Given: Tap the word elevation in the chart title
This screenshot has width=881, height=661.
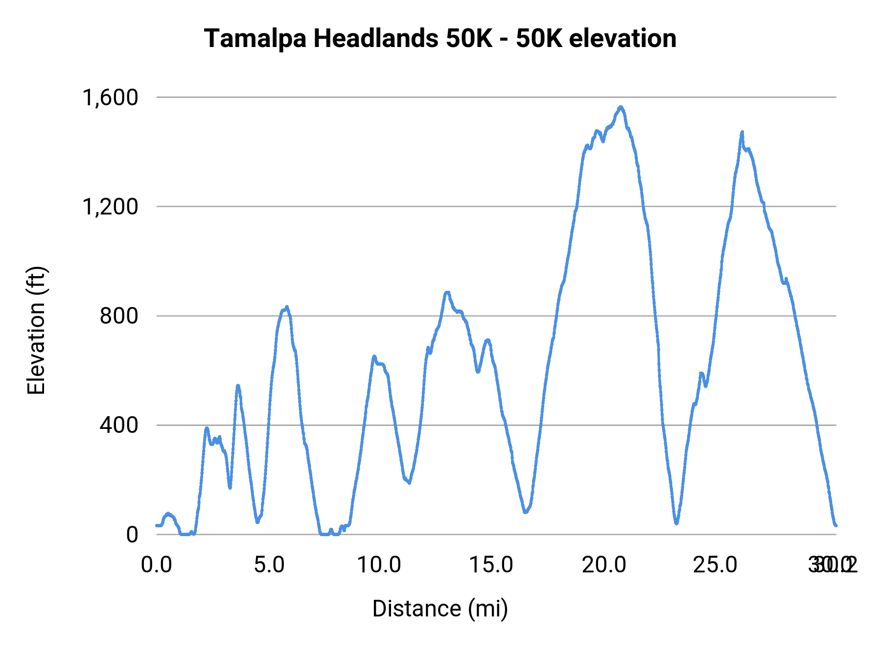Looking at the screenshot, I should [x=623, y=39].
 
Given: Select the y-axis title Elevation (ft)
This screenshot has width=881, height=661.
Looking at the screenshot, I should [x=36, y=330].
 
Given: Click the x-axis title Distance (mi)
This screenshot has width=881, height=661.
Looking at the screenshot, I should [x=440, y=609].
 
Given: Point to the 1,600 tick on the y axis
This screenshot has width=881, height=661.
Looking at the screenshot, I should [x=111, y=97].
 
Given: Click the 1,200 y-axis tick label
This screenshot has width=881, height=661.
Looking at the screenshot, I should [x=111, y=207].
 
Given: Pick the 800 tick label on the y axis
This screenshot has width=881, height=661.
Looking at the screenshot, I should [x=119, y=316].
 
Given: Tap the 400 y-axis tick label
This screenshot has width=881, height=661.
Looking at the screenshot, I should [x=119, y=425].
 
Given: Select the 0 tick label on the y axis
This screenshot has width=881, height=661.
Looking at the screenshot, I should [x=132, y=535].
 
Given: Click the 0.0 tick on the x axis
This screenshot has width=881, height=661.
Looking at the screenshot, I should [x=157, y=565].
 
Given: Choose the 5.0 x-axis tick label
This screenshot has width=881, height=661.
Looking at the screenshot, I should [x=269, y=565].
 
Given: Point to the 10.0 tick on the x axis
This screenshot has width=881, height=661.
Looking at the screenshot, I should [x=379, y=565].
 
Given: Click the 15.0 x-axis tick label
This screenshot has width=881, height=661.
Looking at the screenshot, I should [x=491, y=565].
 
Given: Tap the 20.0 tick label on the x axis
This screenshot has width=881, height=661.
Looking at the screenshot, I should [x=604, y=565].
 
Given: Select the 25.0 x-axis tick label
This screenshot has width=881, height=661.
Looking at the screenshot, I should [x=716, y=565].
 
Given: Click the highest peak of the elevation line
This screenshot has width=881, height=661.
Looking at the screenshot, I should [x=621, y=107].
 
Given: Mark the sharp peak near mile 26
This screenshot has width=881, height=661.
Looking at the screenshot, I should [x=742, y=132].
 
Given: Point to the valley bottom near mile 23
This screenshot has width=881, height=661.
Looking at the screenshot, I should [x=676, y=523].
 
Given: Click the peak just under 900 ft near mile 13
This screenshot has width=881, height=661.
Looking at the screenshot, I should [x=447, y=292].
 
